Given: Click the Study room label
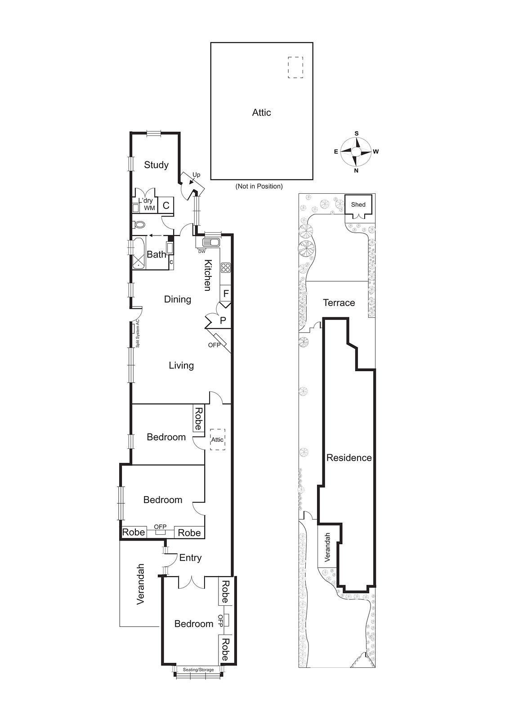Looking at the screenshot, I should click(156, 165).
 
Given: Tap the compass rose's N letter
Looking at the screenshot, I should click(356, 171).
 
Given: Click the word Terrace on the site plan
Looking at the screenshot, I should click(339, 303).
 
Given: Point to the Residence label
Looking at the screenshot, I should click(349, 458).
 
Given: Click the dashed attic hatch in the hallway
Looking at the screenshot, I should click(218, 439).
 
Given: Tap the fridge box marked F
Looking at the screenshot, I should click(226, 293).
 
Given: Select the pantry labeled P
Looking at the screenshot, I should click(223, 321).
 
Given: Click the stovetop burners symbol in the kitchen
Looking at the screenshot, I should click(226, 268).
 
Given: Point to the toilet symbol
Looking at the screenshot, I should click(139, 224).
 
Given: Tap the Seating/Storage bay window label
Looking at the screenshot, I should click(198, 670).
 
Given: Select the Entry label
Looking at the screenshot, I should click(190, 558).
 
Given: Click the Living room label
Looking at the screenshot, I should click(181, 365).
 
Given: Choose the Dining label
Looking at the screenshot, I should click(178, 299).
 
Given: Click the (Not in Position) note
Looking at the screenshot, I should click(259, 186).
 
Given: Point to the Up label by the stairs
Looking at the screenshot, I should click(196, 175).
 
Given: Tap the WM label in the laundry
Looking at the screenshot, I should click(149, 208).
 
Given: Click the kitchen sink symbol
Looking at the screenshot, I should click(210, 243).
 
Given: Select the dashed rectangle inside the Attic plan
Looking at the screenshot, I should click(295, 67).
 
